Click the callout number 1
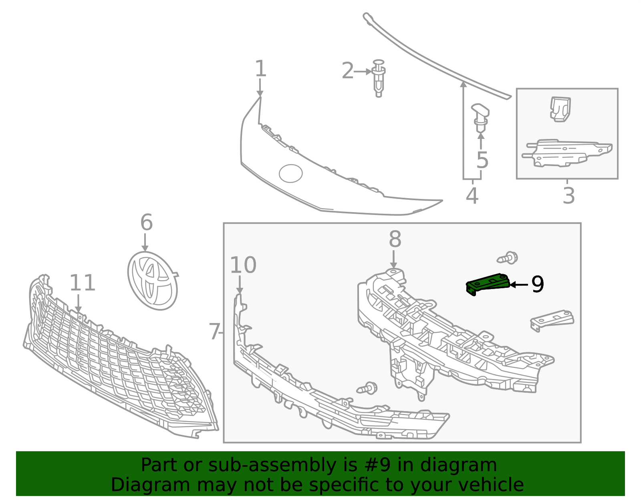tap(260, 68)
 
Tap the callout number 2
tap(347, 71)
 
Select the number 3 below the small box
tap(568, 195)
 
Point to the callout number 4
tap(472, 195)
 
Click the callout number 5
tap(482, 160)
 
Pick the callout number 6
tap(146, 222)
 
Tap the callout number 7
tap(214, 331)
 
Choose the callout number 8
tap(395, 239)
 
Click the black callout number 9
tap(538, 284)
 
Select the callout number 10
tap(243, 265)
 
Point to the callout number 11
tap(82, 283)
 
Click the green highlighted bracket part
tap(488, 284)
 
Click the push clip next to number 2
tap(379, 78)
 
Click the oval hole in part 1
tap(290, 174)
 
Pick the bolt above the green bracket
tap(507, 258)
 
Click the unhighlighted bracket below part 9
tap(552, 321)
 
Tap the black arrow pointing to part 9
tap(519, 285)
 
